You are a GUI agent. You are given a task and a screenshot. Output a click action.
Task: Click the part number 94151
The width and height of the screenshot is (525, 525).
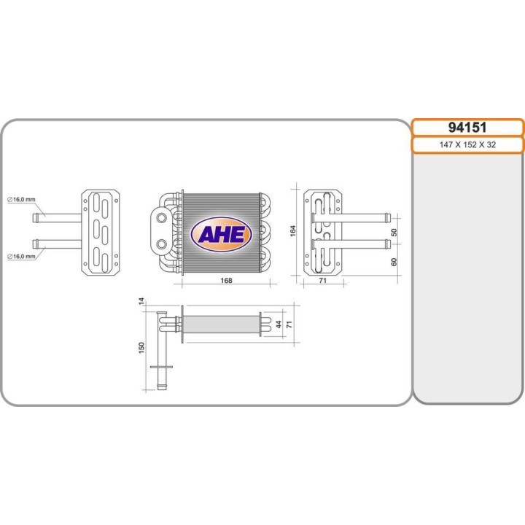click(x=467, y=128)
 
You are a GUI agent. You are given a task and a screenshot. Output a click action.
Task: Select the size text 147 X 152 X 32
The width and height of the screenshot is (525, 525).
click(x=467, y=145)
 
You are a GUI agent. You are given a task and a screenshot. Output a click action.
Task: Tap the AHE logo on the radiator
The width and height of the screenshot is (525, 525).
click(x=222, y=234)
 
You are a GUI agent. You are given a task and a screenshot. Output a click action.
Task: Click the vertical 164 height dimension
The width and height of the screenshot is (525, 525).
click(x=293, y=230)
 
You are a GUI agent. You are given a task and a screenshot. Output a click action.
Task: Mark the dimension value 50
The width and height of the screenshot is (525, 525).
click(x=394, y=232)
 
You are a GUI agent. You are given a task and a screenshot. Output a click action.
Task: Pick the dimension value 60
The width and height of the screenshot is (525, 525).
click(x=394, y=260)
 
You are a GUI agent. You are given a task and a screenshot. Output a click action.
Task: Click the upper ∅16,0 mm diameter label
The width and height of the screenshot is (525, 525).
click(x=18, y=199)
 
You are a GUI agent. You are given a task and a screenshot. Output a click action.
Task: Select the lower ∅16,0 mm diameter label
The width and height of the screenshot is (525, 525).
click(x=18, y=256)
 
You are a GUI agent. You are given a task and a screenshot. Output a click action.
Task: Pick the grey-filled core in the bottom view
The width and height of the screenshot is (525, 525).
click(x=222, y=323)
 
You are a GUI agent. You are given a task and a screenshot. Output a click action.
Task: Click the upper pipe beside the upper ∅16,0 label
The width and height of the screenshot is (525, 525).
click(x=58, y=217)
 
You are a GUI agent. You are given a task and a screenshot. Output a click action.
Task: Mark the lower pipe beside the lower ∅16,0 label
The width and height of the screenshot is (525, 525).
click(x=58, y=242)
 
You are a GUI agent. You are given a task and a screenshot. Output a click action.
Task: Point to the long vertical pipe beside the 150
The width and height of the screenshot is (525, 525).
click(x=162, y=350)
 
